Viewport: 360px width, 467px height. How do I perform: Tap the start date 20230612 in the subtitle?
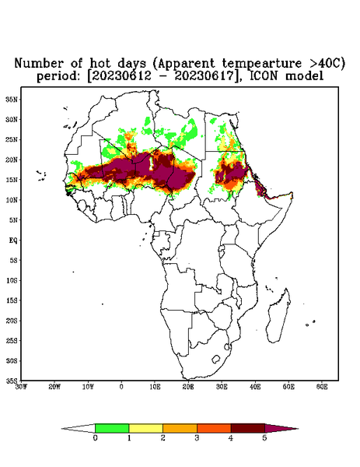pos(121,76)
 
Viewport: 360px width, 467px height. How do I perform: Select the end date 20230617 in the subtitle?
pos(204,76)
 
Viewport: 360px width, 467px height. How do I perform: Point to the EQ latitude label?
pos(13,240)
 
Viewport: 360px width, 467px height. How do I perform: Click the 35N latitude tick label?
pos(12,99)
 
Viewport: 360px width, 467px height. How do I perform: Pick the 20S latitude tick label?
pos(12,321)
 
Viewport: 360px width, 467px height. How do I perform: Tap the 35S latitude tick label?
pos(12,381)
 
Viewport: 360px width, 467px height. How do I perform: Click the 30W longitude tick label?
pos(21,387)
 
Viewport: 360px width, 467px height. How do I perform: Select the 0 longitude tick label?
pos(121,387)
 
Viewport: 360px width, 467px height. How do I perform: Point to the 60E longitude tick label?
pos(322,387)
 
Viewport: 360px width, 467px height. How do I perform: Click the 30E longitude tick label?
pos(222,387)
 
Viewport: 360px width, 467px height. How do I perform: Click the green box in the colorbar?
pos(112,428)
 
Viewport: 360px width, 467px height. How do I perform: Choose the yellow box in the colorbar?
pos(145,428)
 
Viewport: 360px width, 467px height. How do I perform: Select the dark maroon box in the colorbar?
pos(248,428)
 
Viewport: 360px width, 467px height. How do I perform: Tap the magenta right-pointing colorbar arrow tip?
pos(298,429)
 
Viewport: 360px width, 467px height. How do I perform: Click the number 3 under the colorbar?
pos(197,438)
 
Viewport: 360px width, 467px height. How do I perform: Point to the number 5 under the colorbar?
pos(265,438)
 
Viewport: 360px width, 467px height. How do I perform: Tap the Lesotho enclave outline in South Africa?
pos(215,359)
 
